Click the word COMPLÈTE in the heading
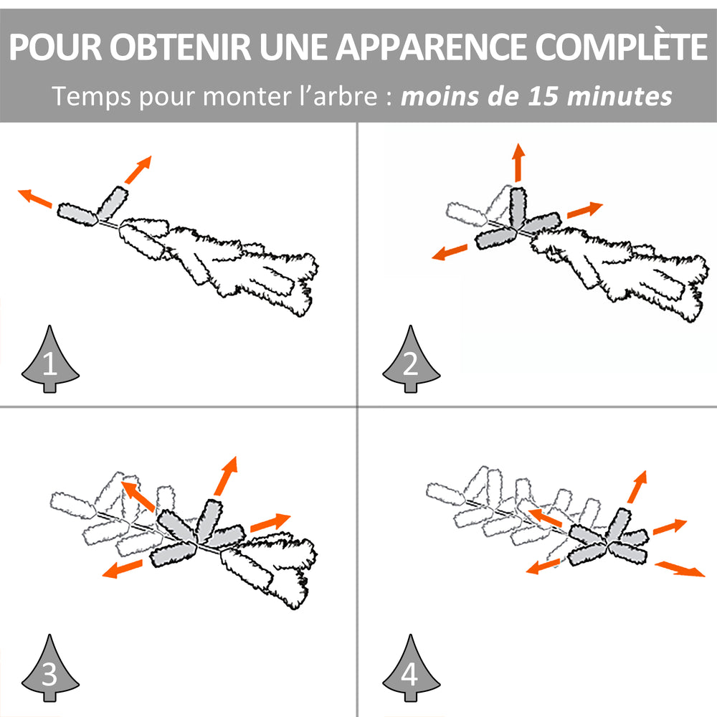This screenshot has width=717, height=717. (621, 47)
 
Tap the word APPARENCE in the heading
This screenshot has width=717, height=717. (431, 47)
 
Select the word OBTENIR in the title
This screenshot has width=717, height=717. (180, 47)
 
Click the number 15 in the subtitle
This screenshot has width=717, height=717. (543, 97)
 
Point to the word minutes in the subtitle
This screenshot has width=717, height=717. (619, 97)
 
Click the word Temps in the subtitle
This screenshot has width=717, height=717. (92, 97)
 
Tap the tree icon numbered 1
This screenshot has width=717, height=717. (50, 359)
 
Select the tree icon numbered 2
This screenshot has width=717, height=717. (411, 359)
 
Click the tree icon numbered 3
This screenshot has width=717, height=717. (50, 668)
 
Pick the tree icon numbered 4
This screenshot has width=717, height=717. (411, 668)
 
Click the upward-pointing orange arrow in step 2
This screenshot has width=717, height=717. (518, 162)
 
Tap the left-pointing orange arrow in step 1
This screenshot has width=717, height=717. (34, 198)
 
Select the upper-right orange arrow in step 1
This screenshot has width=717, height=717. (138, 170)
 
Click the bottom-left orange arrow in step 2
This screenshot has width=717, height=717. (450, 252)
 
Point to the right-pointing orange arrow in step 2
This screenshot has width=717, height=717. (585, 210)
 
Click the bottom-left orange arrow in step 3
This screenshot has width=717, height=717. (122, 569)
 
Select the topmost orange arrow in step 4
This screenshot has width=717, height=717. (637, 487)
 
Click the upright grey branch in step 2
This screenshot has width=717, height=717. (518, 208)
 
